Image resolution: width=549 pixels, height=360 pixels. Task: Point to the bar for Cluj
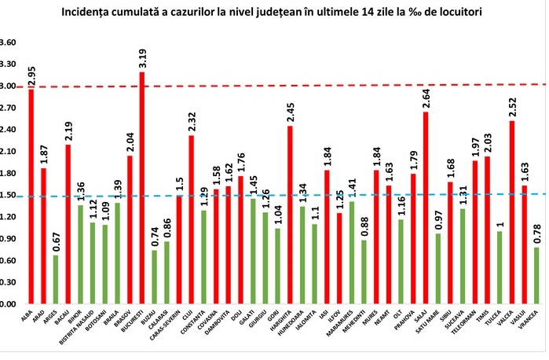[191, 219]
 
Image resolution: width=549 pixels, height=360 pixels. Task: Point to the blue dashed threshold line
[314, 195]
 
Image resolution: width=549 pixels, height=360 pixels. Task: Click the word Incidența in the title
[130, 12]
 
